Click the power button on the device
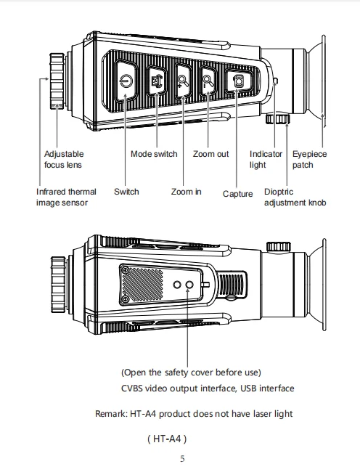click(x=126, y=81)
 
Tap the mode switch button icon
click(x=157, y=80)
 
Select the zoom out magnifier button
click(x=208, y=81)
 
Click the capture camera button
click(x=238, y=81)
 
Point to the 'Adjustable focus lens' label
click(x=64, y=159)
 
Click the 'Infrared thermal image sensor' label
click(x=66, y=198)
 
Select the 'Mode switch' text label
click(x=154, y=154)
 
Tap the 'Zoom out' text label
click(x=210, y=154)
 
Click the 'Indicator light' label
click(x=266, y=159)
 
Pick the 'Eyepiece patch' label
click(x=309, y=159)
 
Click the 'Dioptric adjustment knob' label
click(x=295, y=198)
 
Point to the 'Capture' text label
click(x=237, y=194)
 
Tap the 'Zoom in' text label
click(x=186, y=192)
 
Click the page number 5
click(x=183, y=459)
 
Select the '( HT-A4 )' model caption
click(x=167, y=439)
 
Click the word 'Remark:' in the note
click(x=111, y=414)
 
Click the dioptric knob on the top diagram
click(x=277, y=118)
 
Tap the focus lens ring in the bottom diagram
click(x=58, y=285)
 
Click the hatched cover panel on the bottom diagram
click(x=142, y=285)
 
